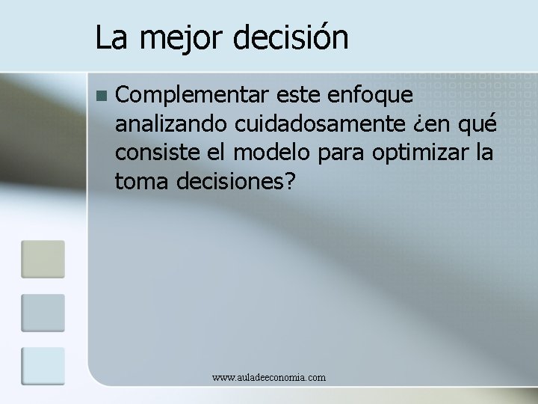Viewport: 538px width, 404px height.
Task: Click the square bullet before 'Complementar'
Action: pos(102,96)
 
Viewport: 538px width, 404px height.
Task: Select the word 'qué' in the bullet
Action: pos(480,124)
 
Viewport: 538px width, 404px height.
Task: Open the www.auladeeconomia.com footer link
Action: pos(269,378)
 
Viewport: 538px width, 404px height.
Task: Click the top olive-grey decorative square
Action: pos(43,259)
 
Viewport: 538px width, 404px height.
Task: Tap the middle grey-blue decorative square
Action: pos(43,313)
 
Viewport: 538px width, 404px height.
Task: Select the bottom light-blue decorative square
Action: pos(43,366)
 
